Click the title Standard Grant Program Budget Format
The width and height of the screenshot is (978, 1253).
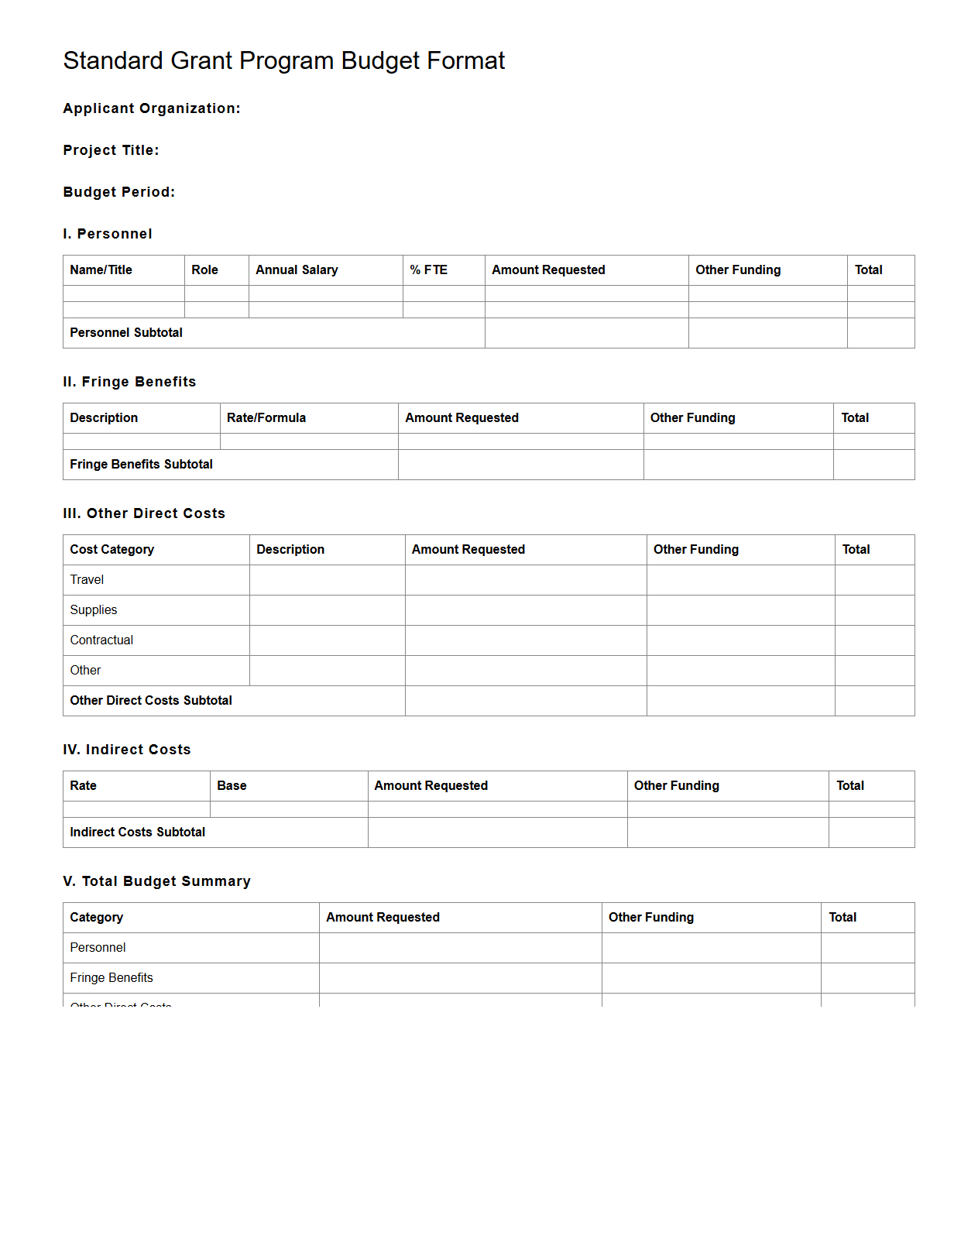[283, 60]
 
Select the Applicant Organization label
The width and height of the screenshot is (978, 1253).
[152, 108]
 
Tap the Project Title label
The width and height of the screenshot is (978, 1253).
[111, 150]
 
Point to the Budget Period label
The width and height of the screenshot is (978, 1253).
[119, 192]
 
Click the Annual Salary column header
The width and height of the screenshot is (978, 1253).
[297, 269]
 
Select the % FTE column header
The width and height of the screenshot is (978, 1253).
[428, 269]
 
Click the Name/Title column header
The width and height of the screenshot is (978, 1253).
[101, 269]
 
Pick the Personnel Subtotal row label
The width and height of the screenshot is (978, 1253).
[126, 332]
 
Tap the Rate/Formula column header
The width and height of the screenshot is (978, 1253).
[266, 417]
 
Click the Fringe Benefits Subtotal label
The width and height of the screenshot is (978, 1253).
[141, 464]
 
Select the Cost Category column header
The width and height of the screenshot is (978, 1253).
[112, 549]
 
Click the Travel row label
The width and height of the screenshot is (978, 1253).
[87, 579]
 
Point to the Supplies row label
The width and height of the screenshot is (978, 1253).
[94, 609]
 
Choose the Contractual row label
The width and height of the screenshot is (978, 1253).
[101, 640]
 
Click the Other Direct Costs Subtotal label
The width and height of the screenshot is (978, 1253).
[151, 700]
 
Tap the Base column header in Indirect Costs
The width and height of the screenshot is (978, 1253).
[232, 785]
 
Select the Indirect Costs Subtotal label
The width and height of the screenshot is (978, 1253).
[137, 832]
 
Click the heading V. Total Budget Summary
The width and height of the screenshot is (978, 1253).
[156, 881]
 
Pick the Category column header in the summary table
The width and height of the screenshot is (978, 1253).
[96, 917]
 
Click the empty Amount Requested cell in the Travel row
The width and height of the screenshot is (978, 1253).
[525, 579]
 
